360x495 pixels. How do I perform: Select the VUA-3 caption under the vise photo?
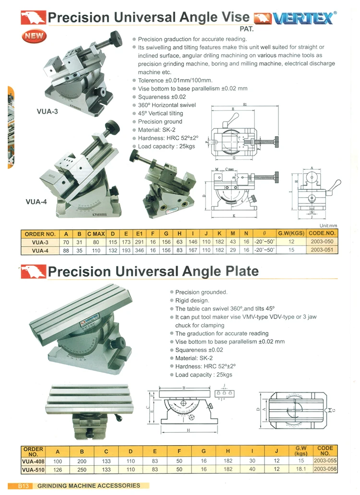coord(47,111)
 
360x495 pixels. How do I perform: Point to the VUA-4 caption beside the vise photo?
coord(36,202)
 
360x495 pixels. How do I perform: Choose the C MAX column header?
coord(96,234)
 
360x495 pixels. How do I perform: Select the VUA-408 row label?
coord(33,461)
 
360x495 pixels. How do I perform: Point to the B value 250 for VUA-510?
coord(82,469)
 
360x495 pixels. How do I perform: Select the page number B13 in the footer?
coord(25,486)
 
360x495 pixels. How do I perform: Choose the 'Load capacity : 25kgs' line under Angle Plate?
coord(204,375)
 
